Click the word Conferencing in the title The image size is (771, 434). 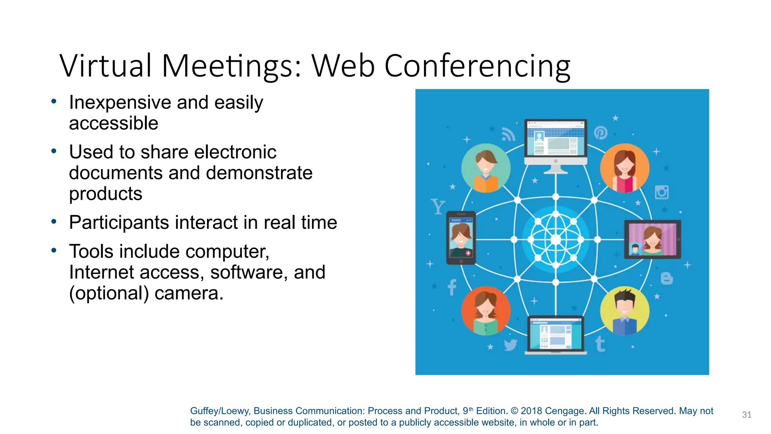477,66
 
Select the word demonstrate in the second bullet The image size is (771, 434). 259,173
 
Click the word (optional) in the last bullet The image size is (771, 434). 109,293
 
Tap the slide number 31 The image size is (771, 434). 747,415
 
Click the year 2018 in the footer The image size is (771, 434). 531,411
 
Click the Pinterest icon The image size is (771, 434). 600,133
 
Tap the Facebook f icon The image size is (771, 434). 452,288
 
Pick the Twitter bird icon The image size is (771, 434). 510,345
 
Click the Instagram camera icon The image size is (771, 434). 661,192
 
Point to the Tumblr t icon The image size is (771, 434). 600,344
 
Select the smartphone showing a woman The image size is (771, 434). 461,238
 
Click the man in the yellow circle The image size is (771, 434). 625,311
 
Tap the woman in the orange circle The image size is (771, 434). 624,168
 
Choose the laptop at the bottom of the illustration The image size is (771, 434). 556,335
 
